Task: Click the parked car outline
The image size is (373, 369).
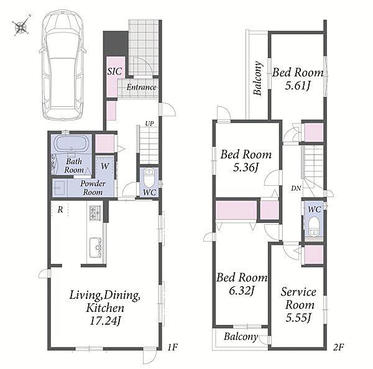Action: click(x=63, y=65)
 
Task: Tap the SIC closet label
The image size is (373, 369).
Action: click(x=114, y=71)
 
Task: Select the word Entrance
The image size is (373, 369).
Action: click(x=141, y=87)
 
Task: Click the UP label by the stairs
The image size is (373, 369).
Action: click(x=149, y=124)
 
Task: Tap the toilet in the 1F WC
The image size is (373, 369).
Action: click(x=149, y=177)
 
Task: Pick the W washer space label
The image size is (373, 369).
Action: click(x=104, y=166)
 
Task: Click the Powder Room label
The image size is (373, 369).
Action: click(x=93, y=188)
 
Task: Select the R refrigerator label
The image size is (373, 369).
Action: click(x=60, y=209)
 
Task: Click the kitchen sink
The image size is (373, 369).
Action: click(x=95, y=248)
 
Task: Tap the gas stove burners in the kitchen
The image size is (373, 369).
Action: click(x=95, y=212)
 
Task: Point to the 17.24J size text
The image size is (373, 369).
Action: click(x=104, y=321)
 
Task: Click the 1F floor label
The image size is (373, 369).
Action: click(x=172, y=347)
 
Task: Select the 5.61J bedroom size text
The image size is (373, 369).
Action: click(x=298, y=85)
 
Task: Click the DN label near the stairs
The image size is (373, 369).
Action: click(x=296, y=188)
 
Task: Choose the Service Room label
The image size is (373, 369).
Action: click(x=299, y=298)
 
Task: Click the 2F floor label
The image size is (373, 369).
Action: click(x=338, y=347)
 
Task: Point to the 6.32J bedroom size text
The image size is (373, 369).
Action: click(x=242, y=290)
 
